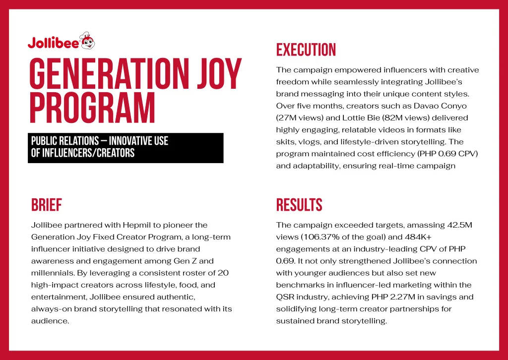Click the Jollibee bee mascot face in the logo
(x=87, y=41)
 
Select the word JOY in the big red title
(x=220, y=74)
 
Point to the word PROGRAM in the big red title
(x=93, y=108)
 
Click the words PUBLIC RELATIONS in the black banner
(x=65, y=141)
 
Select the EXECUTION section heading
(x=306, y=50)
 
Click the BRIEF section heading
(x=47, y=205)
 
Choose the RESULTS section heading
(x=299, y=205)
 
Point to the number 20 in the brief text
(x=223, y=273)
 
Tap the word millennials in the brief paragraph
(x=53, y=273)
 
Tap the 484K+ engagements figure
(x=418, y=237)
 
